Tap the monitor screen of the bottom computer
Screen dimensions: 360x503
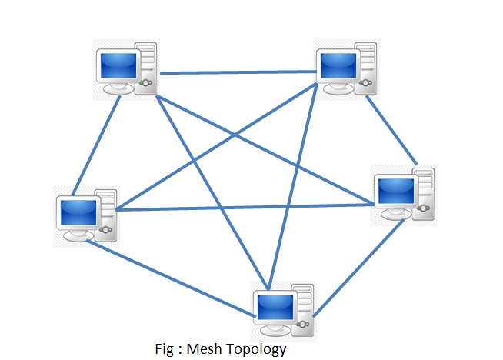(275, 307)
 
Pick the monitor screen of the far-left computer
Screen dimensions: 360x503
(78, 210)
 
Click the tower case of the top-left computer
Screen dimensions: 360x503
(147, 69)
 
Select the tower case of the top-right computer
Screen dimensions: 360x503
(367, 69)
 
